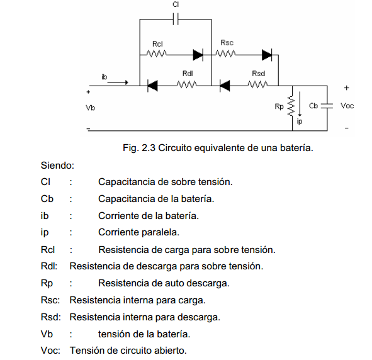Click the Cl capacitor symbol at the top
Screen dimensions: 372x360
176,20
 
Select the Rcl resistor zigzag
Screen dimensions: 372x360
157,53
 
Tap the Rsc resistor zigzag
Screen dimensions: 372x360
225,53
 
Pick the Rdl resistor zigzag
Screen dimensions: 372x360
187,84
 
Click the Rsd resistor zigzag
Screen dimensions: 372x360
257,84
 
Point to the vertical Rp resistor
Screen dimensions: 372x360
291,106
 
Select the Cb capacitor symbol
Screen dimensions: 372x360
327,106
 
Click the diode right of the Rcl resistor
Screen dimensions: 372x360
198,55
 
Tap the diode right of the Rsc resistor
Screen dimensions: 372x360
267,55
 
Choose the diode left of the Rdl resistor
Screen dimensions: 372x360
152,86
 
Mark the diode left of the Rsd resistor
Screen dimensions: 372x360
225,86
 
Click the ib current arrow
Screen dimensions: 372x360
118,82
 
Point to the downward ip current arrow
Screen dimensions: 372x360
300,104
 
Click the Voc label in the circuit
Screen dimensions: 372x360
347,106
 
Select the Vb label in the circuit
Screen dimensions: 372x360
90,108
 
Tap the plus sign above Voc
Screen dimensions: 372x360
347,88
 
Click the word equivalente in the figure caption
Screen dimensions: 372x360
220,148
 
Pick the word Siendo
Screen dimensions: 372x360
57,166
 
